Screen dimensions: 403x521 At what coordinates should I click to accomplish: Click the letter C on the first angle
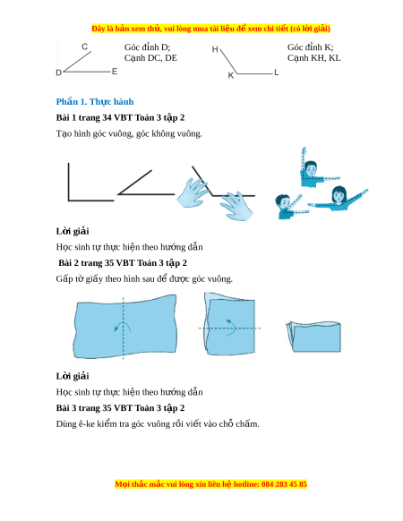click(85, 47)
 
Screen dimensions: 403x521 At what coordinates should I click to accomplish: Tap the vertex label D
click(58, 73)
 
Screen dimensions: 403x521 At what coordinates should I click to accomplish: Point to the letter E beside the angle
click(115, 72)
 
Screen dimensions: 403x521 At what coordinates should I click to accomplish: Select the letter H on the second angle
click(215, 49)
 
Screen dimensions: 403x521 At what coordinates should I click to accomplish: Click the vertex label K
click(231, 76)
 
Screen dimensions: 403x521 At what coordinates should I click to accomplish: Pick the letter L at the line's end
click(277, 73)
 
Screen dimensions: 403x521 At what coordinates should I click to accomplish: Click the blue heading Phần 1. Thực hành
click(95, 102)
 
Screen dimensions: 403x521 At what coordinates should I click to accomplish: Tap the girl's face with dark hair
click(339, 195)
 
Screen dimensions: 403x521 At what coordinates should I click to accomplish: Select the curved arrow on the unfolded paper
click(123, 325)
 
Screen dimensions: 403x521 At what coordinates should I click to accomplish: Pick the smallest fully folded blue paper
click(313, 337)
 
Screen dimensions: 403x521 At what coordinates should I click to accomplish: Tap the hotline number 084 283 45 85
click(284, 484)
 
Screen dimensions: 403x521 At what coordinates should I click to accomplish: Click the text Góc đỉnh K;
click(310, 47)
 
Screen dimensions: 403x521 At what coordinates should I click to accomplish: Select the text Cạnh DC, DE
click(150, 58)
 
